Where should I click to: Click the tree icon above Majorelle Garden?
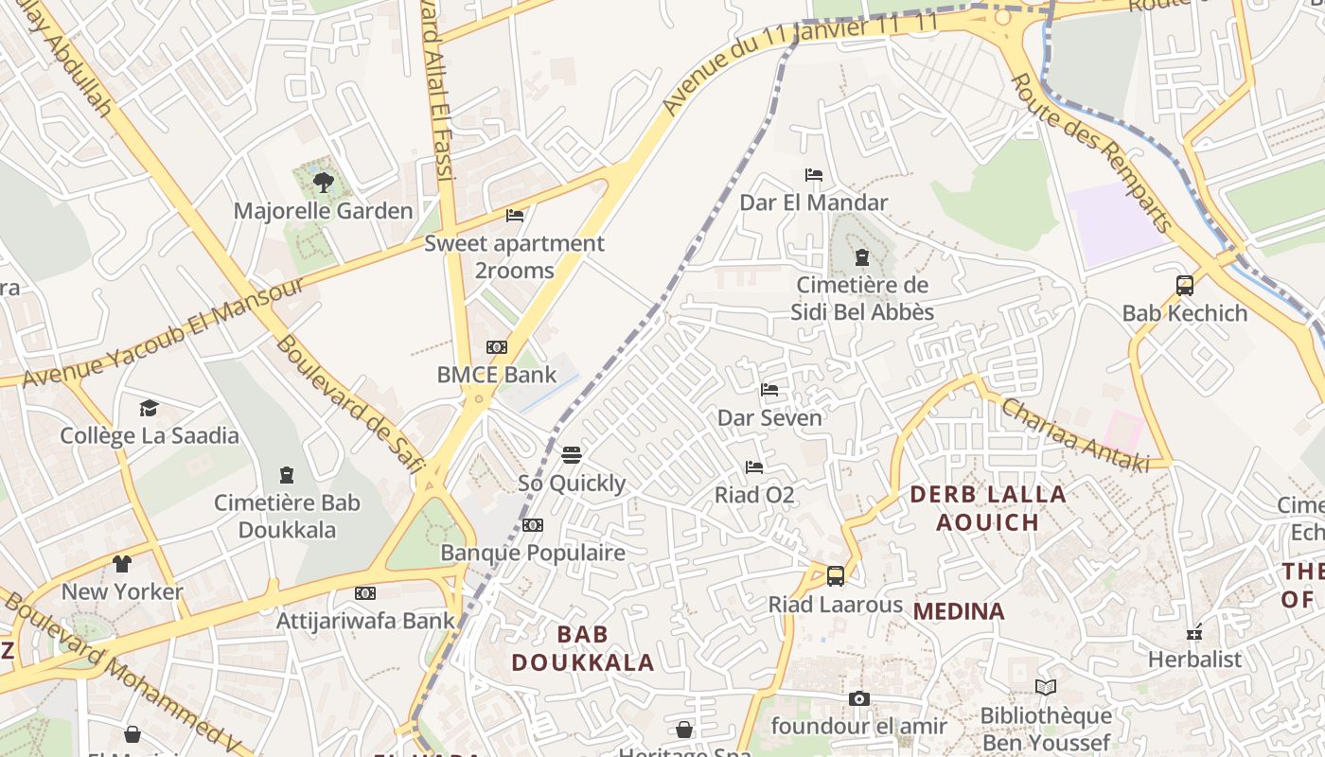(324, 182)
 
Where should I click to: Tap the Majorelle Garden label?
(324, 211)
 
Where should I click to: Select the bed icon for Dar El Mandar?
(813, 174)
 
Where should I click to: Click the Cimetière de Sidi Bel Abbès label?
(862, 298)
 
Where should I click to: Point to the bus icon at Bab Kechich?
(1184, 285)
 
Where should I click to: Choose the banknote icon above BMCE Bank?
(496, 347)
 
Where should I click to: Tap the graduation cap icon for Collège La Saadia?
(149, 408)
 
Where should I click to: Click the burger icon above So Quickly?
(571, 455)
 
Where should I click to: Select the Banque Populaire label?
(533, 553)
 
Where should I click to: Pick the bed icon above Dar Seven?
(769, 389)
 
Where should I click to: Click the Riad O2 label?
(754, 495)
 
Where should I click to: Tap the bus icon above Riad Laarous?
(835, 575)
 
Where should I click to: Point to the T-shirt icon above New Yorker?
(122, 564)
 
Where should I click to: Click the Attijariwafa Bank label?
(365, 621)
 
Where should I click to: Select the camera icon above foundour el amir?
(858, 698)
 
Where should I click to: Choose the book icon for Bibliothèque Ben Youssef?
(1045, 687)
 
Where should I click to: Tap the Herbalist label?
(1194, 659)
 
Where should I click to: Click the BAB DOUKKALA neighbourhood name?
(583, 648)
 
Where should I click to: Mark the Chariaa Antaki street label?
(1074, 434)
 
